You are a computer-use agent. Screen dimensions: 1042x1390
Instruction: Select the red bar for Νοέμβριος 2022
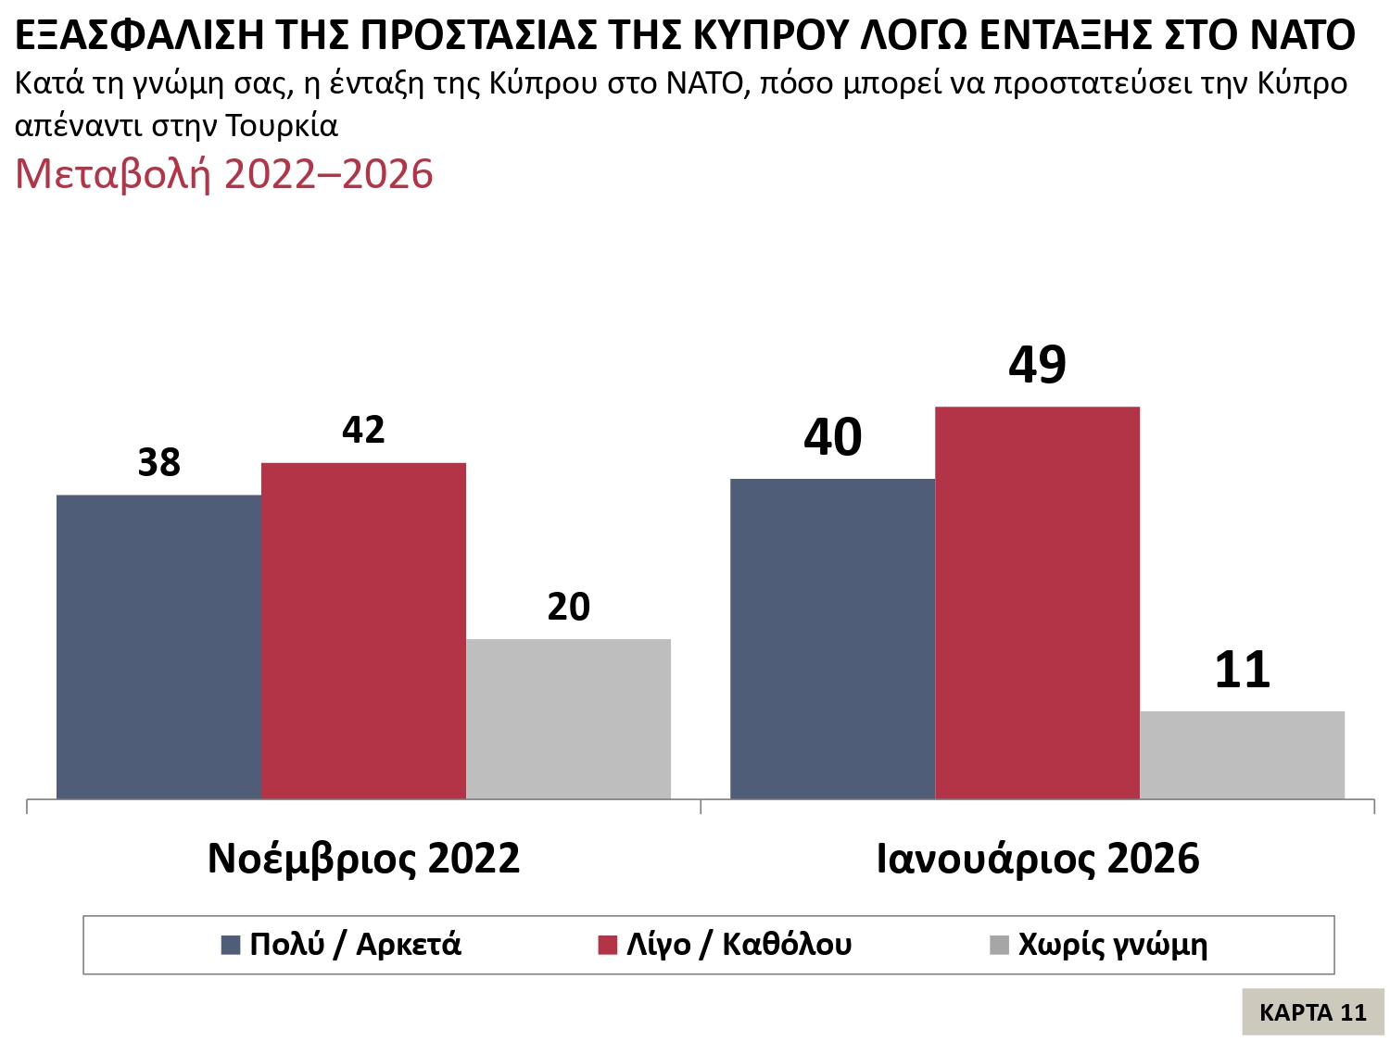coord(363,630)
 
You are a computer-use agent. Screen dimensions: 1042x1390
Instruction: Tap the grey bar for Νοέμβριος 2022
coord(568,719)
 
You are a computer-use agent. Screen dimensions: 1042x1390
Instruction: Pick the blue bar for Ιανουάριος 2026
coord(832,639)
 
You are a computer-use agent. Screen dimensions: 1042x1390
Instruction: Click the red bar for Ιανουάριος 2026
coord(1037,602)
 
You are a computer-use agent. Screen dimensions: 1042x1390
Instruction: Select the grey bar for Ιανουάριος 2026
coord(1242,755)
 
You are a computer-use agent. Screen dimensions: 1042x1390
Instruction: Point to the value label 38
coord(158,463)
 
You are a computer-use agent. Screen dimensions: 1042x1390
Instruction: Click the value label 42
coord(363,430)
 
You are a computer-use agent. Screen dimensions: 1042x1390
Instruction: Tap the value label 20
coord(568,608)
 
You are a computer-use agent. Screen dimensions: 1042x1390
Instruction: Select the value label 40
coord(832,438)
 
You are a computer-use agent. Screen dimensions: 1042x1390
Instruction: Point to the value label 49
coord(1037,365)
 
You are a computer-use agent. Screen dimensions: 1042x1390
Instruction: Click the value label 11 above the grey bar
coord(1242,671)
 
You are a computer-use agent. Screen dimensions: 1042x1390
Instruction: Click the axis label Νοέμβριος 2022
coord(363,859)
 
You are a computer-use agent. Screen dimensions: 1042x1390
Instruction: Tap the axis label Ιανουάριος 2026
coord(1037,859)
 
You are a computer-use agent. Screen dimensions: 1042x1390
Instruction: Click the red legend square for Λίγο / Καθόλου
coord(608,946)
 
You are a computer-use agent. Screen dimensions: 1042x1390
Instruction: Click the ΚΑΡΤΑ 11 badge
coord(1312,1012)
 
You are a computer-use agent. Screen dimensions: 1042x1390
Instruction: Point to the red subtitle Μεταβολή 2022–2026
coord(224,174)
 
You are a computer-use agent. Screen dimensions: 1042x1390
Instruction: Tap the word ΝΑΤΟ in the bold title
coord(1302,35)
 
